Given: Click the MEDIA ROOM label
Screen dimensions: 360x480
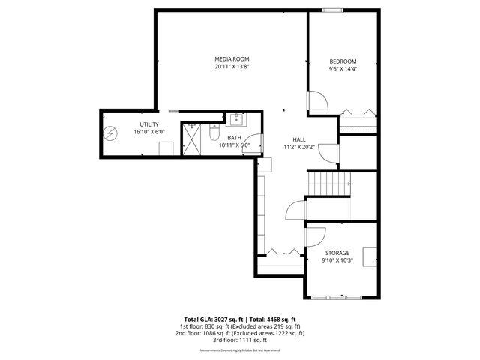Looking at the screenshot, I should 232,59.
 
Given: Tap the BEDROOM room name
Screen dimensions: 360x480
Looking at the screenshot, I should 343,61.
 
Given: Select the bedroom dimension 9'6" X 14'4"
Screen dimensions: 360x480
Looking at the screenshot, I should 343,69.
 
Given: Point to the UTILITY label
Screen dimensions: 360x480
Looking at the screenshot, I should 148,124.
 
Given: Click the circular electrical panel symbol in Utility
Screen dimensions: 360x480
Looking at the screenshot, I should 111,133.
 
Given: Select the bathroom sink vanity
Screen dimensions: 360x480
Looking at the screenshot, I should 237,118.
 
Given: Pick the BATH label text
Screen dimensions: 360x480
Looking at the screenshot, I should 235,138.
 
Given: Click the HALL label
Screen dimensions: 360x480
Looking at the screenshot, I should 298,140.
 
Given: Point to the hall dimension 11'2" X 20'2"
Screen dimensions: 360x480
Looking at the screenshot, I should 298,148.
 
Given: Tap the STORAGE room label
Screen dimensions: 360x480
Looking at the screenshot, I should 337,253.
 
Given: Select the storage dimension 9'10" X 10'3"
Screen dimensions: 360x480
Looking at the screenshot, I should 337,260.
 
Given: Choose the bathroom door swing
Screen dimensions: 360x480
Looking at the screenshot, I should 255,143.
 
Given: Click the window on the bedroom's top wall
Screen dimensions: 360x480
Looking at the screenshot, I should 332,10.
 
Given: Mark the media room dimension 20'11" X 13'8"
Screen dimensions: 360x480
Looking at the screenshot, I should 232,67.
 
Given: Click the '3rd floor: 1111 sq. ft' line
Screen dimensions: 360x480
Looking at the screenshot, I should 240,340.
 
